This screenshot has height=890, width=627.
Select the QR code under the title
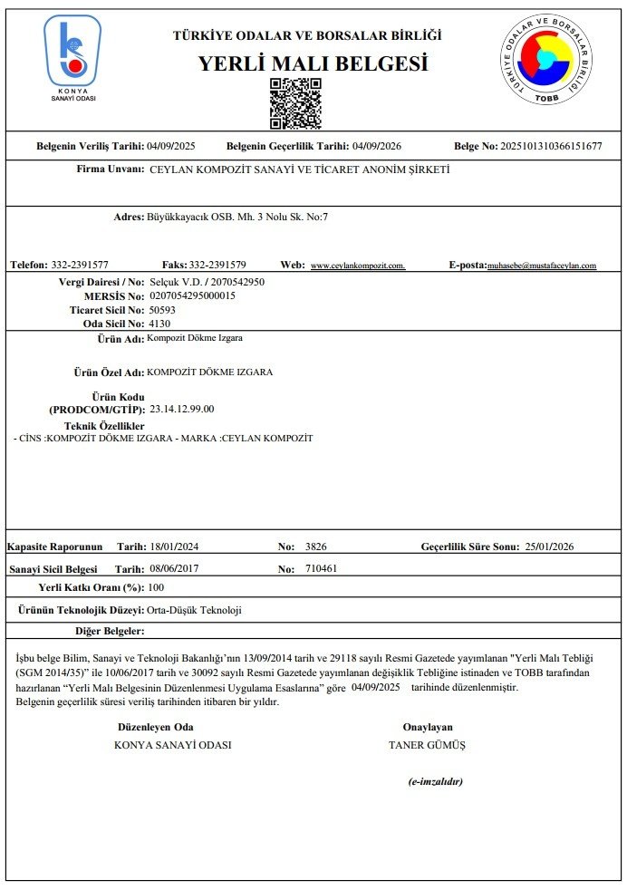pyautogui.click(x=295, y=102)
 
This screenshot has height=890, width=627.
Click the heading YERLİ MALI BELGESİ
pyautogui.click(x=313, y=64)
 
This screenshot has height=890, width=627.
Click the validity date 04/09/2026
pyautogui.click(x=377, y=146)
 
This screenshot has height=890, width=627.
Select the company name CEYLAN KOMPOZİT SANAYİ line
pyautogui.click(x=299, y=169)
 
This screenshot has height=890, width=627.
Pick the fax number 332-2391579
pyautogui.click(x=217, y=265)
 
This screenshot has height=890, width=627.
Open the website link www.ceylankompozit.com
pyautogui.click(x=358, y=266)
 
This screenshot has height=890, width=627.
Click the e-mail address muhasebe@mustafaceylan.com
pyautogui.click(x=542, y=266)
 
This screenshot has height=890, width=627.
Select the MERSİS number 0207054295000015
pyautogui.click(x=192, y=295)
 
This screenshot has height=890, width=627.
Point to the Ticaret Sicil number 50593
pyautogui.click(x=161, y=309)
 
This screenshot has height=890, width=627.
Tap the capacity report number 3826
pyautogui.click(x=316, y=547)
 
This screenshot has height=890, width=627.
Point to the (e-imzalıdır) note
pyautogui.click(x=436, y=781)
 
